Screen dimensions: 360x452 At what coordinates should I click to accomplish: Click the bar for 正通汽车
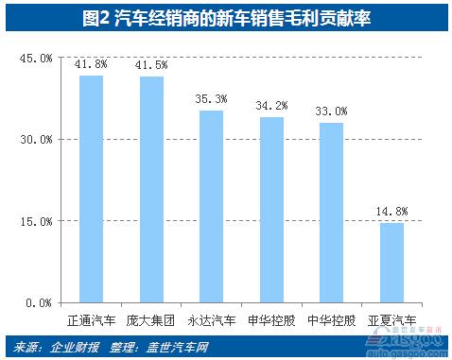tap(91, 189)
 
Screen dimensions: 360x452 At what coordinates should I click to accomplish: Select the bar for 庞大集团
tap(151, 189)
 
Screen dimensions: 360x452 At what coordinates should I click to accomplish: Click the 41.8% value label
tap(91, 64)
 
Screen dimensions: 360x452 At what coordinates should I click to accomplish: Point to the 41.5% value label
tap(151, 66)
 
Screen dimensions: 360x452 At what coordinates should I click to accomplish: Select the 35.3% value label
tap(211, 99)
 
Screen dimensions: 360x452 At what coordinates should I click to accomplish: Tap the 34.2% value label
tap(271, 106)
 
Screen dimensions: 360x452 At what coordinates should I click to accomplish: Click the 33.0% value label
tap(331, 111)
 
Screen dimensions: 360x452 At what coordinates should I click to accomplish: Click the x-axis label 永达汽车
tap(211, 319)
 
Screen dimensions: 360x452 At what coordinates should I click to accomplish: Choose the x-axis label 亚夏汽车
tap(391, 319)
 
